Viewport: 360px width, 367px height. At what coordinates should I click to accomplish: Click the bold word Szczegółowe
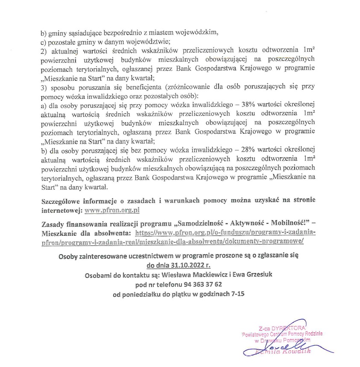pos(62,201)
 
